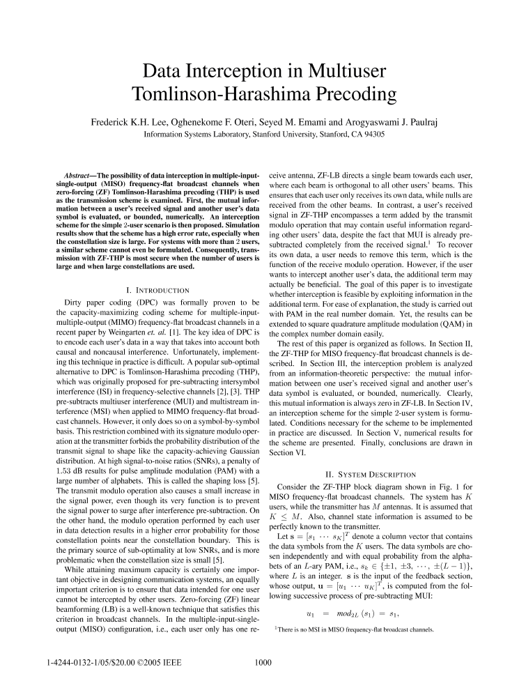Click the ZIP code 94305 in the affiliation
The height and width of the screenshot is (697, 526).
371,134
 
